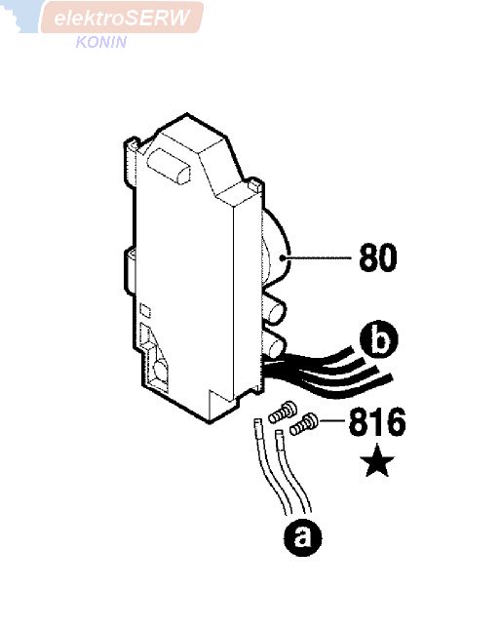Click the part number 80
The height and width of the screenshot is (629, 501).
click(377, 257)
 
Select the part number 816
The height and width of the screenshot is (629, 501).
click(377, 421)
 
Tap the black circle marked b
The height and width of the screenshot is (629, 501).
click(379, 340)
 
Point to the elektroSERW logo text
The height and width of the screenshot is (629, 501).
click(122, 18)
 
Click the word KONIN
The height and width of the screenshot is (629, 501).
click(101, 42)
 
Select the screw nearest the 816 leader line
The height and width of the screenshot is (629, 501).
click(304, 425)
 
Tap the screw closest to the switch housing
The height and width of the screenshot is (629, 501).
click(283, 412)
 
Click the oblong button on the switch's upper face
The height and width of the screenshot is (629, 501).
click(169, 167)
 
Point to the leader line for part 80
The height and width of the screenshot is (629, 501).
click(318, 257)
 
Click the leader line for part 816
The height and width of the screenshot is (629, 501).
click(331, 420)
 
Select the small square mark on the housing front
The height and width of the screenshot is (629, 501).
click(145, 311)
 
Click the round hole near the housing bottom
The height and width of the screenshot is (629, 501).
click(161, 369)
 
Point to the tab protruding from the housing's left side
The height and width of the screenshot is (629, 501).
click(130, 271)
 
